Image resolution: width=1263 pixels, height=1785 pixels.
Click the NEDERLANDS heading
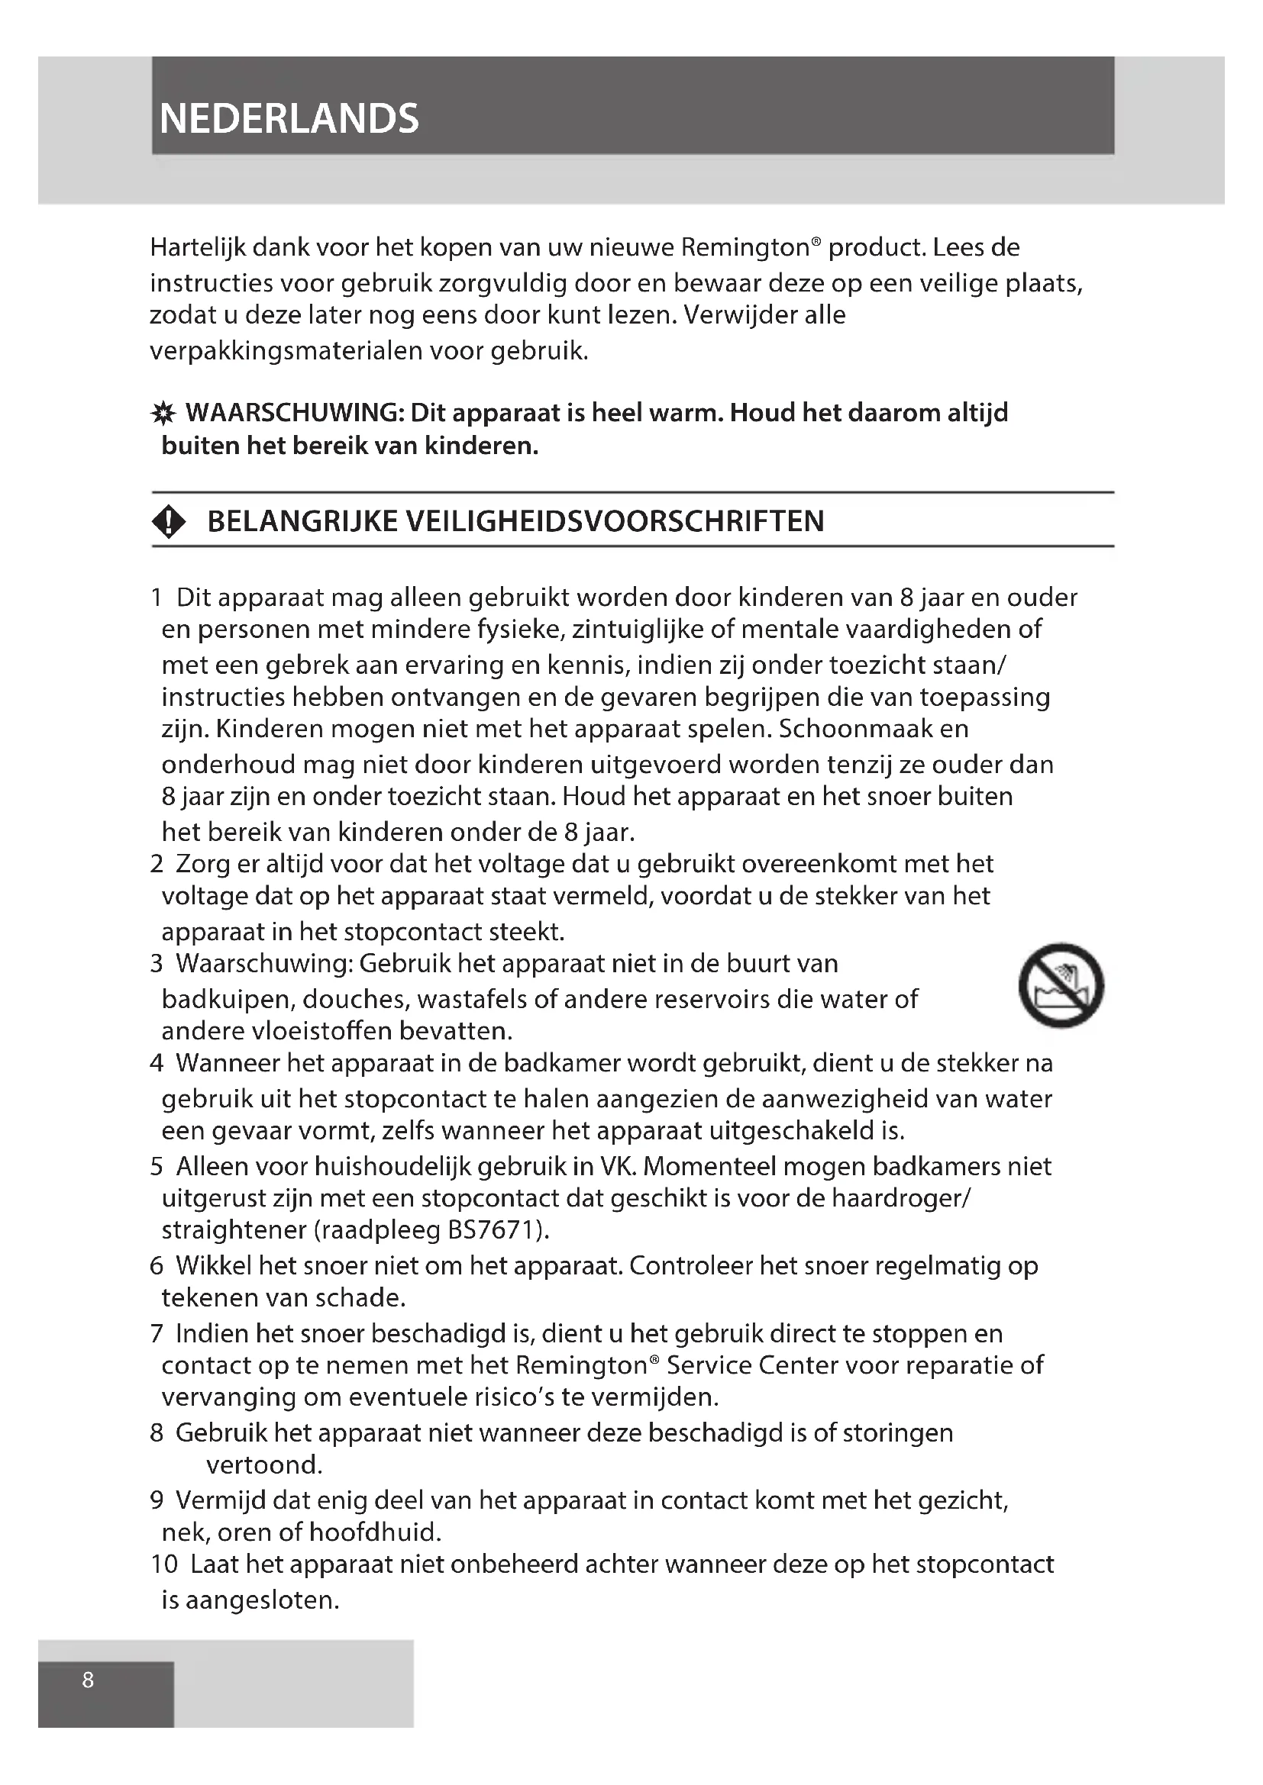click(x=289, y=119)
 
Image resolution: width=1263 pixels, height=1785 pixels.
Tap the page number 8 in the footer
click(x=88, y=1680)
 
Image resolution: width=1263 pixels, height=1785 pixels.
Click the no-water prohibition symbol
click(x=1061, y=985)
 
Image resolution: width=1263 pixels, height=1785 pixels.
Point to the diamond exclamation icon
click(x=169, y=521)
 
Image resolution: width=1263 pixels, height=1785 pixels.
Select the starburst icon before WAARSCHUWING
click(x=163, y=414)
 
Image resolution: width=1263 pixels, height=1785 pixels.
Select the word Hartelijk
click(x=199, y=247)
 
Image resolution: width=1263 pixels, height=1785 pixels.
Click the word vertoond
click(x=263, y=1465)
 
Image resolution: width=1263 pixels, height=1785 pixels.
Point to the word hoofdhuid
click(x=375, y=1532)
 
